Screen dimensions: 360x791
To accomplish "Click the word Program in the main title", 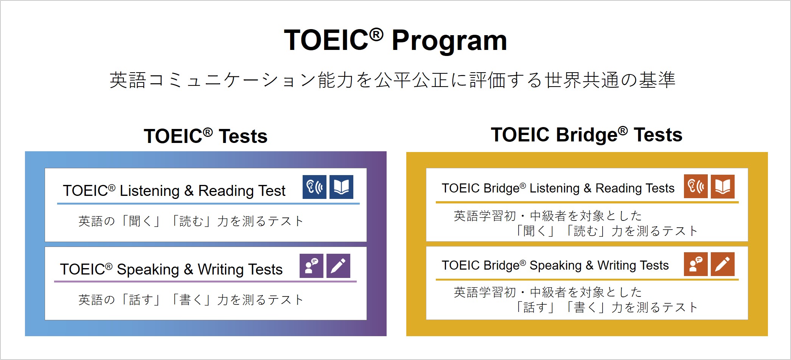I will coord(449,41).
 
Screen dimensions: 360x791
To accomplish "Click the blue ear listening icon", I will coord(314,187).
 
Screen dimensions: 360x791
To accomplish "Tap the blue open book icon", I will coord(341,187).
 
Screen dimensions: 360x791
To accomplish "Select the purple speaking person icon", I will coord(311,266).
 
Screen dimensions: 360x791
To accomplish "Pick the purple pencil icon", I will coord(338,266).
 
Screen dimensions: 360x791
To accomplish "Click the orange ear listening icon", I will coord(696,186).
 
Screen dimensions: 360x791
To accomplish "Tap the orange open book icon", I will coord(723,186).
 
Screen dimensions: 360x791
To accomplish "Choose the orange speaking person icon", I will coord(696,264).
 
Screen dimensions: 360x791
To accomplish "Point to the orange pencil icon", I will coord(723,264).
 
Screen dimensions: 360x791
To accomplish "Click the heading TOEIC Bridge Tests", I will coord(586,135).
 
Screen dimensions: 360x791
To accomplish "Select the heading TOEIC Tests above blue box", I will coord(205,137).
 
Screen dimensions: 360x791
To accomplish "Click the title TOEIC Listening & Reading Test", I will coord(174,191).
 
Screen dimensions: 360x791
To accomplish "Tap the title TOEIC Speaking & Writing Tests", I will coord(171,270).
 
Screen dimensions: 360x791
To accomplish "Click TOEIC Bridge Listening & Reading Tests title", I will coord(558,188).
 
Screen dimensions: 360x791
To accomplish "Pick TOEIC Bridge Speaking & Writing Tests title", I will coord(555,265).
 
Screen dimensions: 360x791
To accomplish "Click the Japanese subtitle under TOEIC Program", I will coord(392,80).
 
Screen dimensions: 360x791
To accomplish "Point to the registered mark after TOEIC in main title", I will coord(376,34).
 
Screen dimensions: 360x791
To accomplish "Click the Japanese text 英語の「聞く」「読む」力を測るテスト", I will coord(191,221).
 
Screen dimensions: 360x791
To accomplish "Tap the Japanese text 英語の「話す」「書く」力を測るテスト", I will coord(191,300).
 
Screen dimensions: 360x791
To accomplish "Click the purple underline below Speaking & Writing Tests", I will coord(205,281).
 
